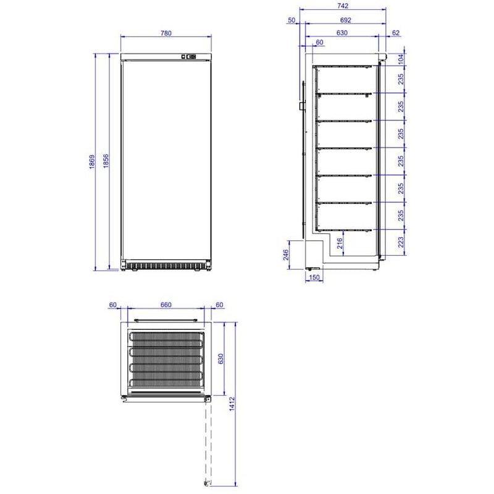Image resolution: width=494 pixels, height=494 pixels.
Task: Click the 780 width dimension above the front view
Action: coord(165,33)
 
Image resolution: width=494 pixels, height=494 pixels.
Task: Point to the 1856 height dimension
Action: coord(106,162)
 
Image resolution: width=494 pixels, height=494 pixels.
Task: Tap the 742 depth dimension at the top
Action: coord(342,6)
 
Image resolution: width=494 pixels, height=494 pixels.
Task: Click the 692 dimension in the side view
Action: coord(345,20)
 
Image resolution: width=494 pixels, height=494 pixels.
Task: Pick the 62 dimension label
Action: coord(395,33)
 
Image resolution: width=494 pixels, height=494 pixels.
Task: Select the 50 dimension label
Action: coord(291,20)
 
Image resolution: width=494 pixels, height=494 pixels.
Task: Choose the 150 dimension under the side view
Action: coord(314,278)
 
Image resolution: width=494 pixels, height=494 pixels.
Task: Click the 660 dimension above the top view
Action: coord(165,304)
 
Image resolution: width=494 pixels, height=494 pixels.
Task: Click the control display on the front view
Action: coord(190,57)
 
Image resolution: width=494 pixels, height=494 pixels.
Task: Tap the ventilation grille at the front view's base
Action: coord(166,266)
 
